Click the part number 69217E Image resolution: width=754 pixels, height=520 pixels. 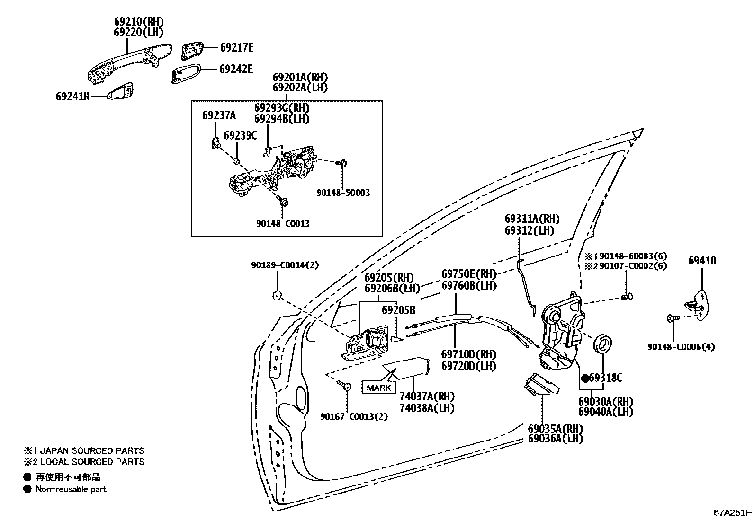(x=236, y=47)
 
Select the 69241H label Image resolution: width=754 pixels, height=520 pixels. (x=72, y=97)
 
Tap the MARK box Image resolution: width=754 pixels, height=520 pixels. (x=379, y=388)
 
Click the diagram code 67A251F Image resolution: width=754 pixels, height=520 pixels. (x=732, y=512)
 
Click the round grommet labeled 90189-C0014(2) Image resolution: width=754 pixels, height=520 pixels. (x=276, y=296)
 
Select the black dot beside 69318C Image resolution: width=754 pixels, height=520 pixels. (x=585, y=378)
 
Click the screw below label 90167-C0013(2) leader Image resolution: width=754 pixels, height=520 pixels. (x=346, y=387)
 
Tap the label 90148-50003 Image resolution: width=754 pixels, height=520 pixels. (x=343, y=193)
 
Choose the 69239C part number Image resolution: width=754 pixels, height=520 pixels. (x=240, y=136)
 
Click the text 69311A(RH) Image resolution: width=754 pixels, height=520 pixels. (x=532, y=219)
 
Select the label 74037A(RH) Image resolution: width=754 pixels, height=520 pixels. (x=426, y=397)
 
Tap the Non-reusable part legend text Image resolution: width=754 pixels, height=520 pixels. (x=71, y=489)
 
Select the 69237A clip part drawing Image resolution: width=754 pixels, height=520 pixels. (x=215, y=142)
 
